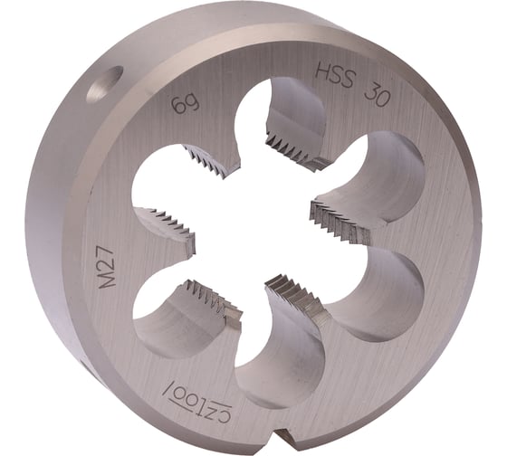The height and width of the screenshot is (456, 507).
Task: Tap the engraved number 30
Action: click(x=374, y=89)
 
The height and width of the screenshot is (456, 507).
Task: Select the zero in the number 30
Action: click(x=381, y=92)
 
